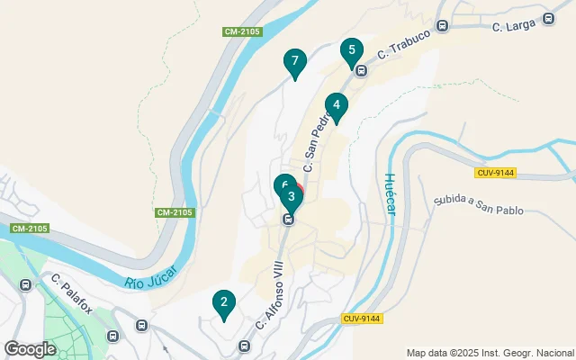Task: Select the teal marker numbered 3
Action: click(291, 196)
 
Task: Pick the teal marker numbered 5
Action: click(352, 50)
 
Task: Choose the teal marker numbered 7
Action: click(292, 63)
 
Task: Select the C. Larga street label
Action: click(513, 26)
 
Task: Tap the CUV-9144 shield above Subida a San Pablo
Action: click(495, 172)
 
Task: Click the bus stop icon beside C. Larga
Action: click(549, 19)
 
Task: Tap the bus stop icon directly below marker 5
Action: click(360, 70)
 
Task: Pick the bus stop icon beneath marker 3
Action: click(289, 219)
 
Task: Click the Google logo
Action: click(31, 348)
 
